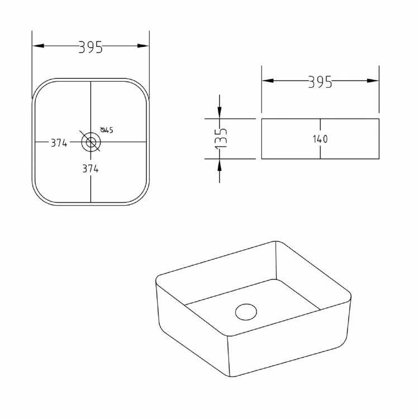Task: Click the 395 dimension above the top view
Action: (91, 47)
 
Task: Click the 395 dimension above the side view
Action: (320, 82)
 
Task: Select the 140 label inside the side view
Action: (320, 139)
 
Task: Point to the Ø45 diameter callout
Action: (107, 130)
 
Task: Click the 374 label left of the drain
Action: (59, 143)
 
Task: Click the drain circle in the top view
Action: (90, 142)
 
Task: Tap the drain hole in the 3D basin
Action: (244, 311)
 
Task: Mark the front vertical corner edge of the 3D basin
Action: (228, 358)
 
